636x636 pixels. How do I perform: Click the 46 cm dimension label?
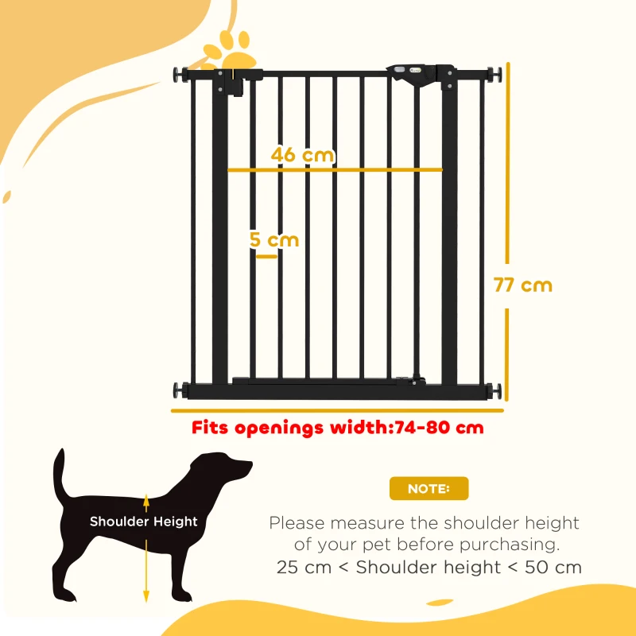pos(302,155)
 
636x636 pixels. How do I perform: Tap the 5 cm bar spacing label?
pos(273,239)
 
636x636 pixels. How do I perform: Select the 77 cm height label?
pos(522,285)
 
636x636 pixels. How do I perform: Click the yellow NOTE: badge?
pos(429,489)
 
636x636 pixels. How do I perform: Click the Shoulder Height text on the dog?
pos(143,522)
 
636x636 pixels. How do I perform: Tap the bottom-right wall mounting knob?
pos(498,391)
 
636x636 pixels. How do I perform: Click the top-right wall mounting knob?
pos(498,76)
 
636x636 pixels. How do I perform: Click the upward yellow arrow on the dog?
pos(145,502)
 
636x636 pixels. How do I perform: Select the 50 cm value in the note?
pos(556,568)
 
